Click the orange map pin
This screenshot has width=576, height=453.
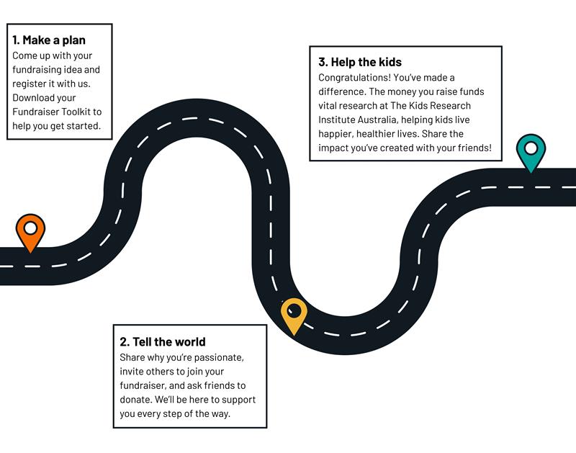pos(30,233)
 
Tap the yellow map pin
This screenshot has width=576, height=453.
pos(294,315)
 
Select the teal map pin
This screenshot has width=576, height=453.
pos(531,153)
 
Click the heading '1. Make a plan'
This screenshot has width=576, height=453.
pos(49,40)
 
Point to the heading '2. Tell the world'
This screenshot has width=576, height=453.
pos(163,342)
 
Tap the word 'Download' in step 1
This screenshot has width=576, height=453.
pos(34,98)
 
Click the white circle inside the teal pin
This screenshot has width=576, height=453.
pos(531,148)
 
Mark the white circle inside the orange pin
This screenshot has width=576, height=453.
pos(30,228)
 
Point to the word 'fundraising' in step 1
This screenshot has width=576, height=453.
pos(39,70)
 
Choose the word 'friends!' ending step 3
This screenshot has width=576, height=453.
pos(472,148)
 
